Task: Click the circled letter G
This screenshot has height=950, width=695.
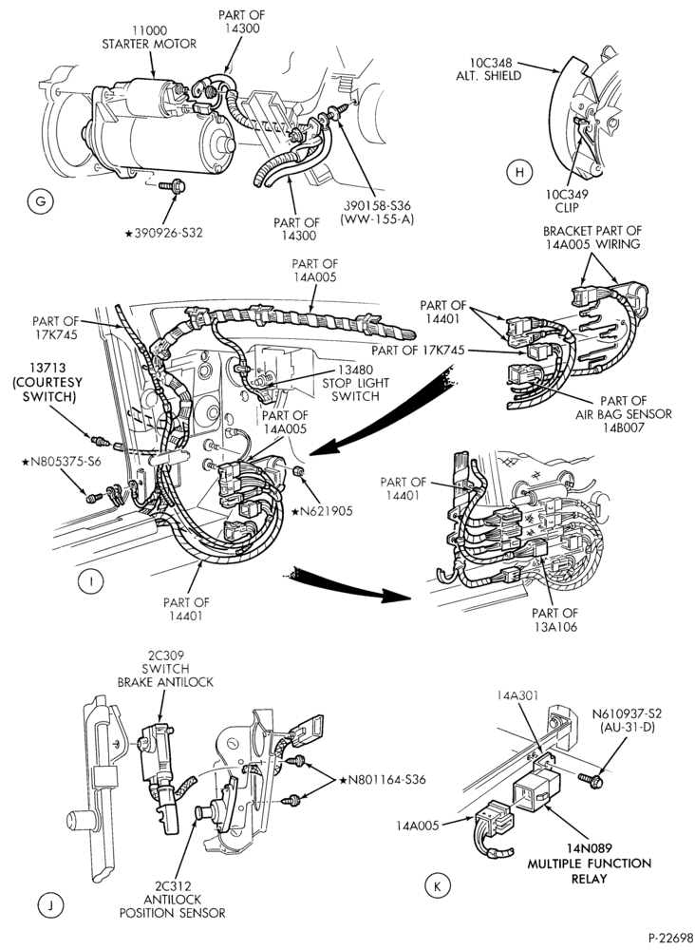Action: coord(41,201)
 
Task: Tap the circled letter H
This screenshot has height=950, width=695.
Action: coord(518,173)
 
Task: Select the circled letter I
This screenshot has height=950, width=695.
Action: coord(90,582)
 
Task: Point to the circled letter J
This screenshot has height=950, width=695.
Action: coord(51,905)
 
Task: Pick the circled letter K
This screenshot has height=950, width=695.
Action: coord(436,886)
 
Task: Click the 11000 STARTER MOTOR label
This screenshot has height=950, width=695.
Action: coord(149,37)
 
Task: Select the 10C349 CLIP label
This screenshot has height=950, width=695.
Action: coord(567,201)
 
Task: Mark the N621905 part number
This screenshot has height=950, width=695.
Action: coord(322,511)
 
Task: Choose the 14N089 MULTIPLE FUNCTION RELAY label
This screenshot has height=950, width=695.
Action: coord(589,863)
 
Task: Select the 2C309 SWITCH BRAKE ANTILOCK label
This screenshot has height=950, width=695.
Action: coord(165,669)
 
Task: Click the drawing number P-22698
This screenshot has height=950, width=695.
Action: coord(670,938)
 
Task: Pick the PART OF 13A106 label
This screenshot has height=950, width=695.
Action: coord(555,619)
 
